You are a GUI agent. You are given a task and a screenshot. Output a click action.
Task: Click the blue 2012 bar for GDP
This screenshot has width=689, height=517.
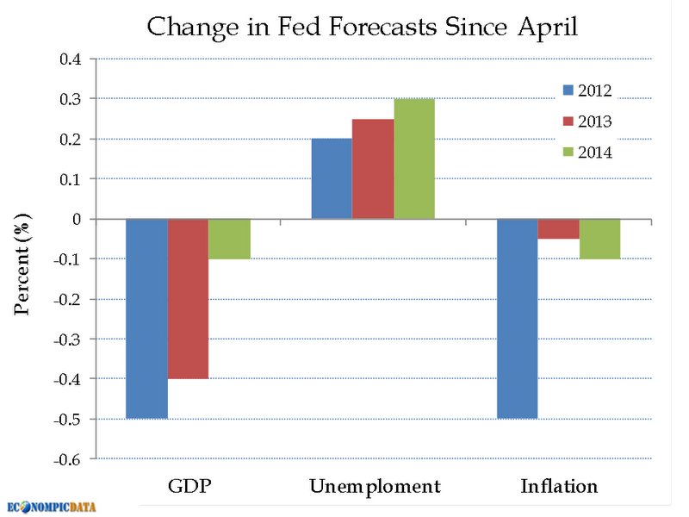point(146,319)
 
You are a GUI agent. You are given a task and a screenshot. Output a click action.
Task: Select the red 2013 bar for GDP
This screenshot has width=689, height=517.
point(188,299)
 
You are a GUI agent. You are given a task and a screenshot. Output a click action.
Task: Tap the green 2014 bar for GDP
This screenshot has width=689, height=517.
point(229,239)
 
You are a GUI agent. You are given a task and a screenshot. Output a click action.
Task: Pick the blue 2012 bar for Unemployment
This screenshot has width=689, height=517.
point(332,178)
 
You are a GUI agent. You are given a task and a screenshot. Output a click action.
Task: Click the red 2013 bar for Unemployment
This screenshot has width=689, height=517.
point(373,169)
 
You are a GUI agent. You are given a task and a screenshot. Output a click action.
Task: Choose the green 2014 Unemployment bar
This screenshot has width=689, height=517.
point(414,159)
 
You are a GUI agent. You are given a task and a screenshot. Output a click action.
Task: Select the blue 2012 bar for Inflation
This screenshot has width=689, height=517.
point(517,319)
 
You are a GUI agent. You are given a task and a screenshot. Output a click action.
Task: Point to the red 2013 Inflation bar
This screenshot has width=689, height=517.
point(558,228)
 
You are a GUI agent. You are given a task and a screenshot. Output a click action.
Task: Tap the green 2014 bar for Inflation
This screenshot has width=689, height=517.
point(599,239)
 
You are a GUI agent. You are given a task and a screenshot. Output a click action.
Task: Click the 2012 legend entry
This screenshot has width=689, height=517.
point(586,90)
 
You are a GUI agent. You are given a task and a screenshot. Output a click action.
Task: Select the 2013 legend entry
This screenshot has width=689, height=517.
point(586,121)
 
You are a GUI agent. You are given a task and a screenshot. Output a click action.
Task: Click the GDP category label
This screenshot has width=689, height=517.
point(188,487)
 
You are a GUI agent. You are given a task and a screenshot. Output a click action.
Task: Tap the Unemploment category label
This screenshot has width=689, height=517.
point(374,487)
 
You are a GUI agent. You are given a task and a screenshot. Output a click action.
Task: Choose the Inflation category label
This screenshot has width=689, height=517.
point(558,487)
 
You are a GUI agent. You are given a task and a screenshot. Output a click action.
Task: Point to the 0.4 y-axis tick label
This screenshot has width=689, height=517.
point(69,59)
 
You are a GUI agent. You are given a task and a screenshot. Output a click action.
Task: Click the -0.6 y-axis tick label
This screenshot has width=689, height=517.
point(67,459)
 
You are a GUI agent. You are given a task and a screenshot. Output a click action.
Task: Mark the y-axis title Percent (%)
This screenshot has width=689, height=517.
point(23,258)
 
